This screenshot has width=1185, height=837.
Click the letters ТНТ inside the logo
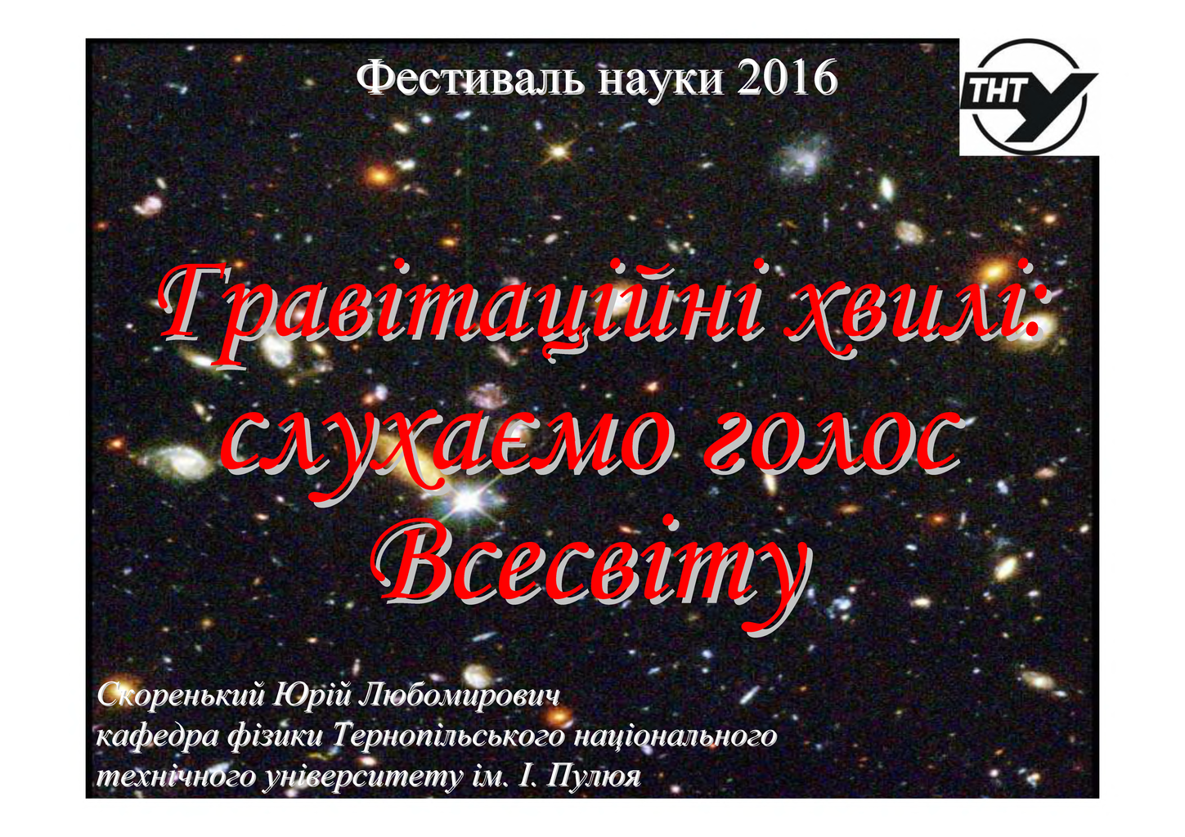[x=996, y=89]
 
